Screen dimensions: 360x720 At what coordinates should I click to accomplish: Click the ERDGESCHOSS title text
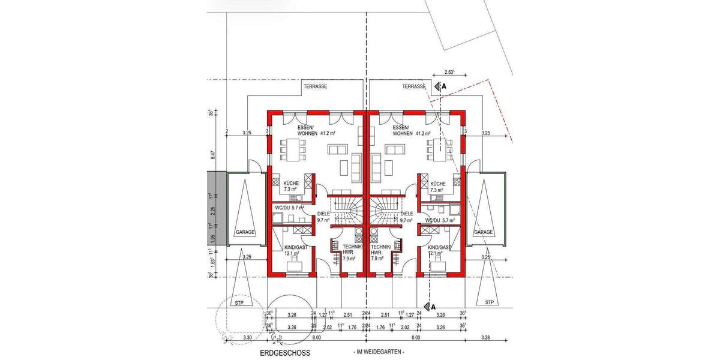pyautogui.click(x=285, y=353)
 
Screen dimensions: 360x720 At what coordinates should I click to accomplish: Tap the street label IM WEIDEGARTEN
pyautogui.click(x=379, y=352)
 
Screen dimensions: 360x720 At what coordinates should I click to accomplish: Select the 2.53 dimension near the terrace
pyautogui.click(x=449, y=72)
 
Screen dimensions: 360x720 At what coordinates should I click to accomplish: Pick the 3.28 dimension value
pyautogui.click(x=485, y=338)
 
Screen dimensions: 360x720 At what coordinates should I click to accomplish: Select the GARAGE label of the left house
pyautogui.click(x=245, y=232)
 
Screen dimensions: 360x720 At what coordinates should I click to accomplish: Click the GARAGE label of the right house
pyautogui.click(x=484, y=232)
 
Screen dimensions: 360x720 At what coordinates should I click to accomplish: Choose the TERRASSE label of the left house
pyautogui.click(x=315, y=87)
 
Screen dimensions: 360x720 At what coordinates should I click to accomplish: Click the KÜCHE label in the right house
pyautogui.click(x=437, y=184)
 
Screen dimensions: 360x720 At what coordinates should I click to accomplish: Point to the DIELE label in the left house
pyautogui.click(x=323, y=213)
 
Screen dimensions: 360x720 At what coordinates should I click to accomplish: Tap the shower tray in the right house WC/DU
pyautogui.click(x=454, y=211)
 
